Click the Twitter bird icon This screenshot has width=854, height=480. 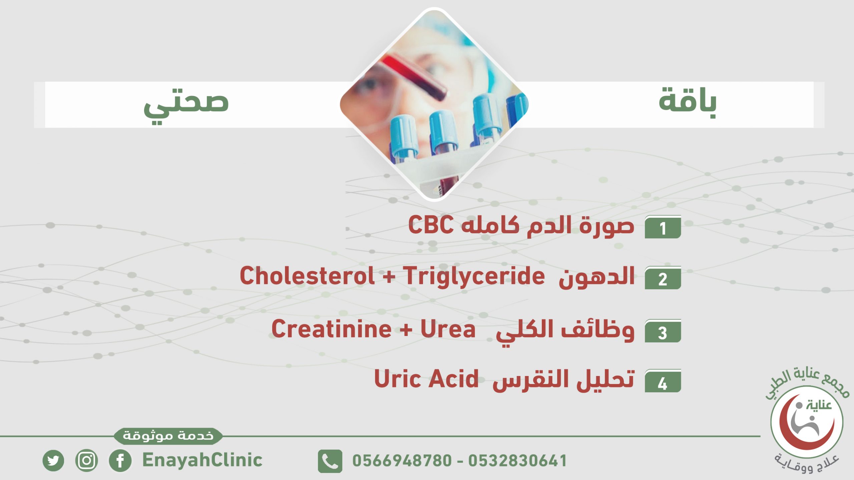(53, 461)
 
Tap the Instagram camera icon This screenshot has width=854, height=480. (87, 461)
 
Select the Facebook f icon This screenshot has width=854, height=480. (120, 461)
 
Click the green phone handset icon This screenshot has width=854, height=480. (330, 461)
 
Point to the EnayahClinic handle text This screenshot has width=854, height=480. (202, 460)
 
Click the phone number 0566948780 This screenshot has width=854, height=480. (402, 461)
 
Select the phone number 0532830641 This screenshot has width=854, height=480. (517, 461)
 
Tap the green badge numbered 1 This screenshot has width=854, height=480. (663, 227)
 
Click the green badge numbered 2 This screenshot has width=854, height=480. (663, 278)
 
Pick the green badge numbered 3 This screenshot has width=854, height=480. (663, 331)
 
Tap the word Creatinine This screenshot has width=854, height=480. (332, 329)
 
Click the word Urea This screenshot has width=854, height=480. (448, 329)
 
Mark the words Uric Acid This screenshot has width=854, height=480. (426, 379)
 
